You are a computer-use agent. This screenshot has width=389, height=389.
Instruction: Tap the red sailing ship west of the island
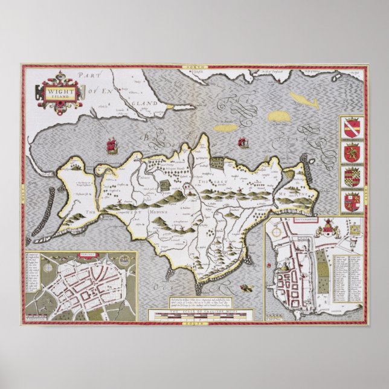click(x=111, y=146)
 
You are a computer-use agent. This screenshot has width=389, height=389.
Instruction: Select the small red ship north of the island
click(x=244, y=143)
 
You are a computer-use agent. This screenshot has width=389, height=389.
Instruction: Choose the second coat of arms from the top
click(x=351, y=152)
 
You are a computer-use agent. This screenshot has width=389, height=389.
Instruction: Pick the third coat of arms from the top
click(x=351, y=176)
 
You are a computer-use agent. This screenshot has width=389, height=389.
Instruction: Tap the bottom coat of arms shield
click(x=351, y=201)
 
